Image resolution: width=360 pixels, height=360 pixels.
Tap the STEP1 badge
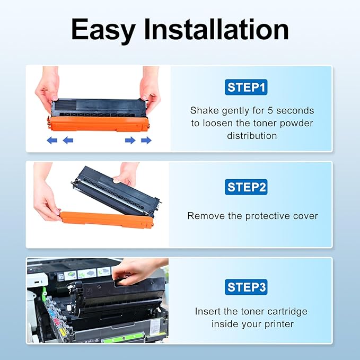point(247,87)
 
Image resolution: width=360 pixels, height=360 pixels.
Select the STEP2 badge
point(247,187)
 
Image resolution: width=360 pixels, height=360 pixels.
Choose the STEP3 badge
point(247,287)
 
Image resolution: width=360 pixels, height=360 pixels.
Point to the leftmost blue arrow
point(52,141)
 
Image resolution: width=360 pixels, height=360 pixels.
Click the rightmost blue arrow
point(146,141)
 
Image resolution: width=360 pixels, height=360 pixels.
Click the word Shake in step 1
point(205,111)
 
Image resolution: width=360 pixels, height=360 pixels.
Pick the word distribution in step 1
point(252,136)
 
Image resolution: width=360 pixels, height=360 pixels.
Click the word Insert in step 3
point(208,311)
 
